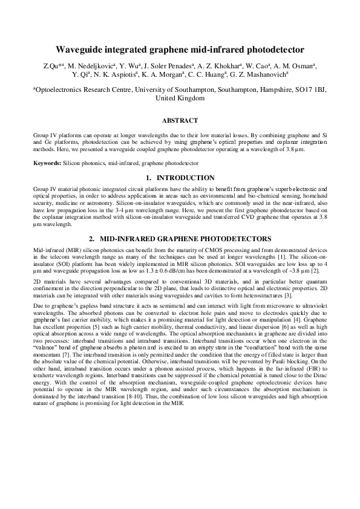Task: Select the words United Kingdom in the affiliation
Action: [x=180, y=97]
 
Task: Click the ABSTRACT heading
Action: [x=180, y=120]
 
